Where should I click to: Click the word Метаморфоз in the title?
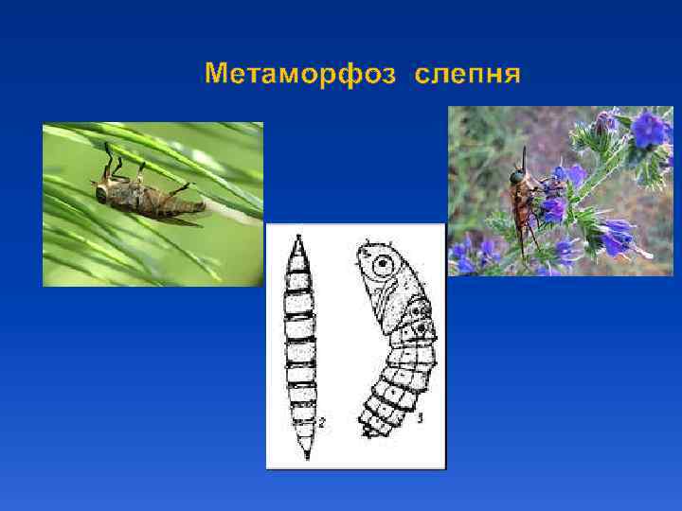[299, 74]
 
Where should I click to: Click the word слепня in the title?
[467, 74]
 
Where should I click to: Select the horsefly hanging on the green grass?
[147, 194]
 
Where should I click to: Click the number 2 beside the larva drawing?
[322, 424]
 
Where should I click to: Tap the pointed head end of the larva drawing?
[300, 240]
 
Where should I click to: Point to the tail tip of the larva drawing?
[305, 456]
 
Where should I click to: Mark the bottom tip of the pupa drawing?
[367, 432]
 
